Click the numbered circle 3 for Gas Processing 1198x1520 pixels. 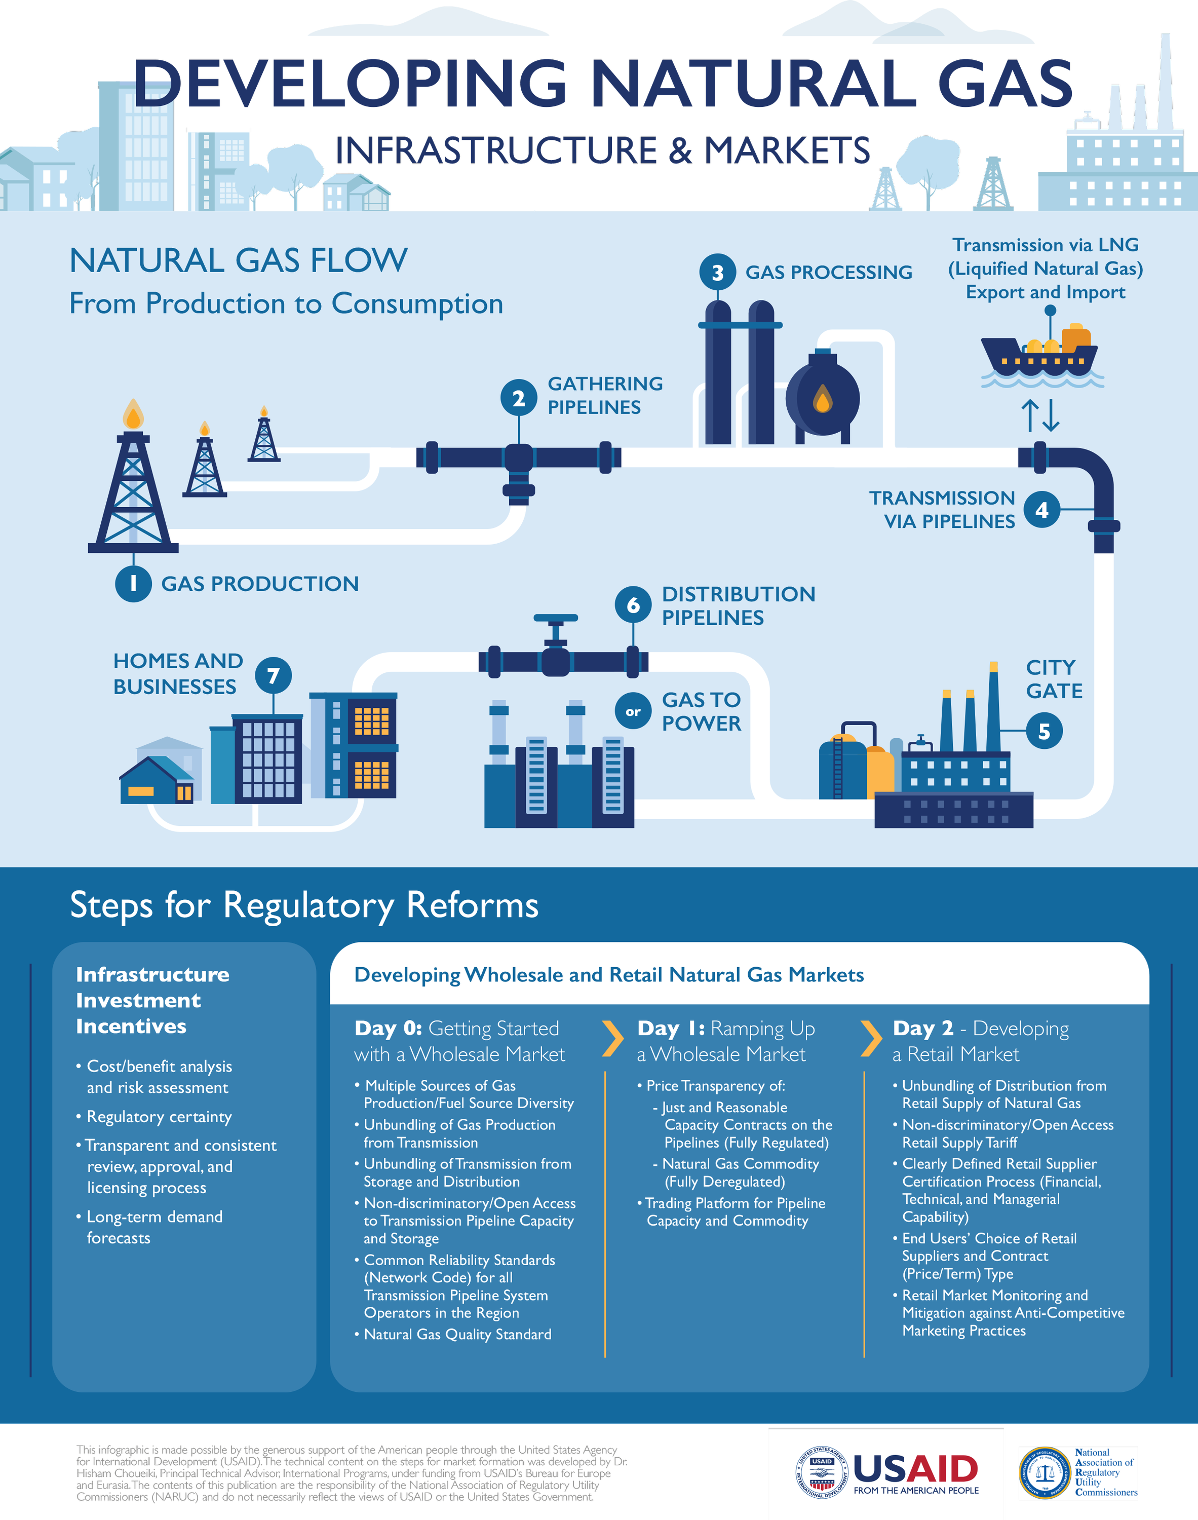(717, 272)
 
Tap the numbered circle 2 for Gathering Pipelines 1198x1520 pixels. (518, 398)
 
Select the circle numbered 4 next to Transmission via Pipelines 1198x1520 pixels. (1041, 510)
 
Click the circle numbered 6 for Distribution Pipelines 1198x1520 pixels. (633, 604)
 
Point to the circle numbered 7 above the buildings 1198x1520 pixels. (274, 675)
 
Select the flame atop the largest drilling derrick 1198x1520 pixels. (133, 414)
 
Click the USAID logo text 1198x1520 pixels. (915, 1468)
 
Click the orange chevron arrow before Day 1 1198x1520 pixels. (612, 1039)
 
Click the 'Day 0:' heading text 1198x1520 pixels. (388, 1029)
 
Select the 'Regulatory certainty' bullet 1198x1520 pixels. (159, 1117)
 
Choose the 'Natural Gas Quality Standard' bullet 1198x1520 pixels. (457, 1334)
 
